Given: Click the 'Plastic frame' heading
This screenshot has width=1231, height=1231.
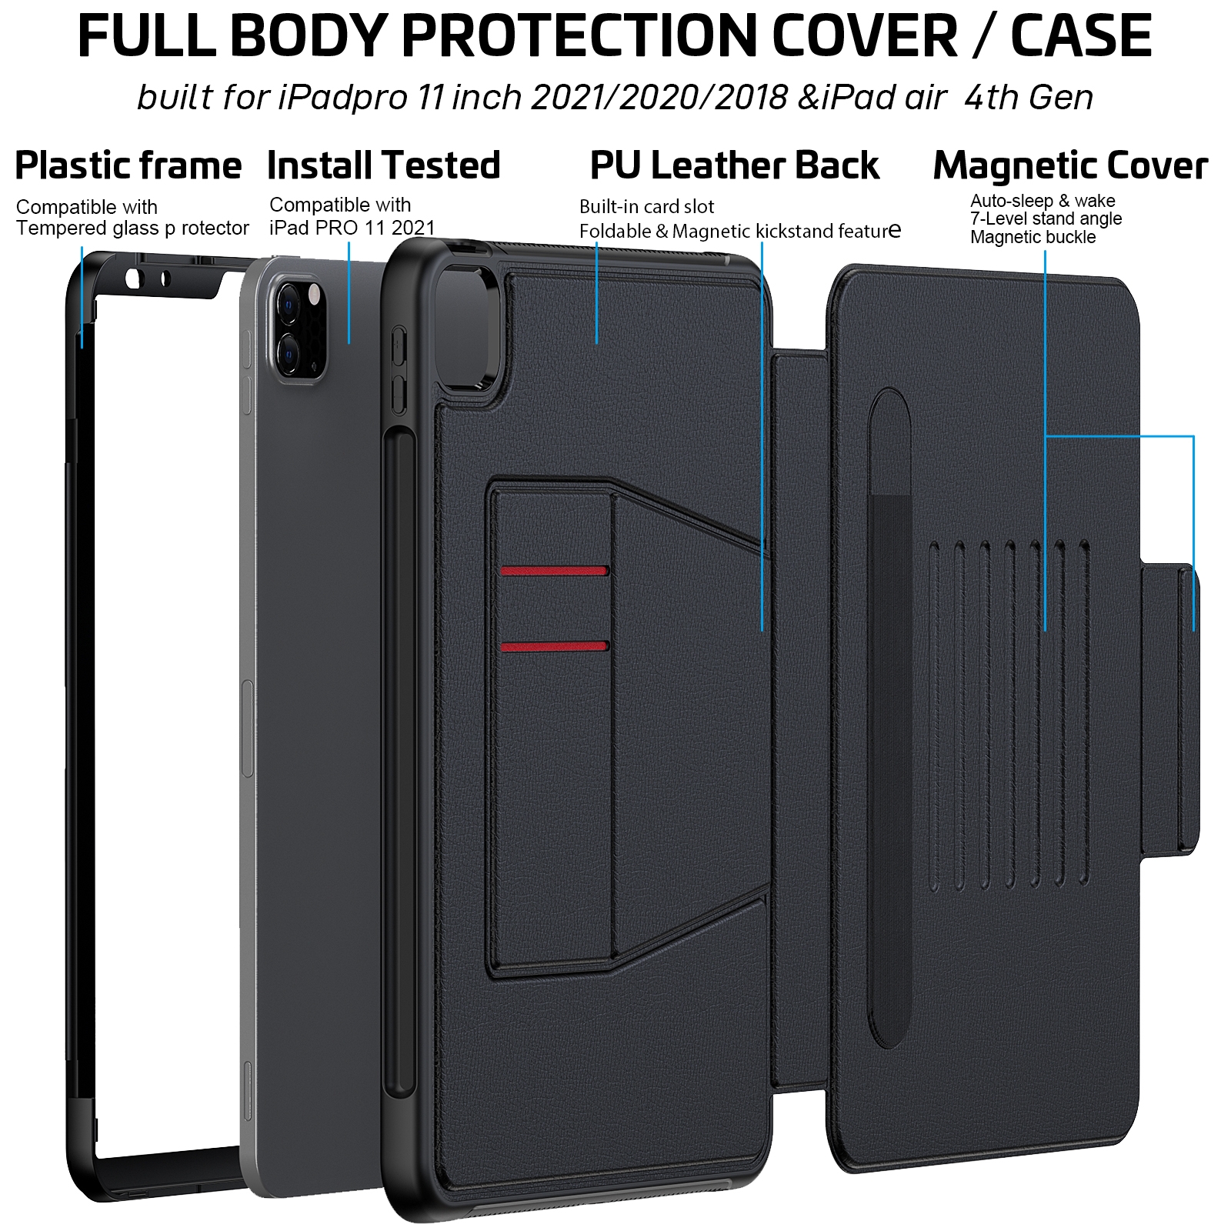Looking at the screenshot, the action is click(x=128, y=165).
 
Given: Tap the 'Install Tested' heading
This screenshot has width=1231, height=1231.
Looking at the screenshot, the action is click(x=383, y=165).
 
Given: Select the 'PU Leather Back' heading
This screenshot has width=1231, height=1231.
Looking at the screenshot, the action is click(x=735, y=165).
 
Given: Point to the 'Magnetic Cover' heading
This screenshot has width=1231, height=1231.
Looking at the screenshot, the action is click(x=1070, y=165).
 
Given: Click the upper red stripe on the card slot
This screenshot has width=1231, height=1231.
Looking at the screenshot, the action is click(x=555, y=571).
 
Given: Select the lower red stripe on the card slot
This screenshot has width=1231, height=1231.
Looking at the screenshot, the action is click(x=555, y=646).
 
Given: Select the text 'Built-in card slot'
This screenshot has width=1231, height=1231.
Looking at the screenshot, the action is click(x=646, y=207).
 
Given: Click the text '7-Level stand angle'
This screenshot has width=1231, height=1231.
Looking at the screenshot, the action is click(x=1046, y=219).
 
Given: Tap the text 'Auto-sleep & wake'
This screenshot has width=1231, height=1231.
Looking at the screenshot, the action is click(x=1043, y=201).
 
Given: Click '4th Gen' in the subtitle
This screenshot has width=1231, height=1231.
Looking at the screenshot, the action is click(x=1028, y=98).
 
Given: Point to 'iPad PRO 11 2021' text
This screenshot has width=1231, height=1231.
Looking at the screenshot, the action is click(x=352, y=228).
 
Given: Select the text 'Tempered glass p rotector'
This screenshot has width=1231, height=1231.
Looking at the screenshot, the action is click(x=132, y=229).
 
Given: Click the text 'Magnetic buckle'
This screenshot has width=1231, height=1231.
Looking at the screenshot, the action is click(x=1033, y=238).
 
